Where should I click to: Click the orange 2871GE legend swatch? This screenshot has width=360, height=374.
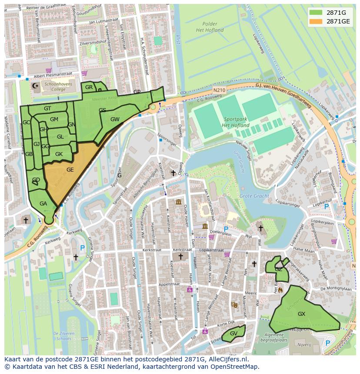pyautogui.click(x=316, y=21)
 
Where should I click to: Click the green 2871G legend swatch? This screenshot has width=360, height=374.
pyautogui.click(x=316, y=12)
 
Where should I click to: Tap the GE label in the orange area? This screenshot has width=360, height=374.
pyautogui.click(x=70, y=170)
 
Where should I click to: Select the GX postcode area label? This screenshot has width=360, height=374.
pyautogui.click(x=301, y=314)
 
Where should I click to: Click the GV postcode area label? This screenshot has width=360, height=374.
pyautogui.click(x=233, y=334)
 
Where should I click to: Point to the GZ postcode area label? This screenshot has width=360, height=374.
pyautogui.click(x=278, y=269)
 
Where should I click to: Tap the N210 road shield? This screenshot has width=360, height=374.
pyautogui.click(x=219, y=90)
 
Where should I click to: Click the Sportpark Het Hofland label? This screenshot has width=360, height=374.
pyautogui.click(x=235, y=122)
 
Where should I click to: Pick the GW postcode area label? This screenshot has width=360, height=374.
pyautogui.click(x=115, y=119)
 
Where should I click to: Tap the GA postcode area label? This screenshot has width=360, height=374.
pyautogui.click(x=43, y=204)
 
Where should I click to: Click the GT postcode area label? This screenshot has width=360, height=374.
pyautogui.click(x=47, y=109)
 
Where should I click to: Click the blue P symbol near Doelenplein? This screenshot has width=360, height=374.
pyautogui.click(x=226, y=229)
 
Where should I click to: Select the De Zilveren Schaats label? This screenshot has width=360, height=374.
pyautogui.click(x=64, y=336)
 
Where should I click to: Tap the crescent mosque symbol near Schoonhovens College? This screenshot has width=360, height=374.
pyautogui.click(x=35, y=86)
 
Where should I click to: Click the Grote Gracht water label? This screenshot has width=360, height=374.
pyautogui.click(x=254, y=196)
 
